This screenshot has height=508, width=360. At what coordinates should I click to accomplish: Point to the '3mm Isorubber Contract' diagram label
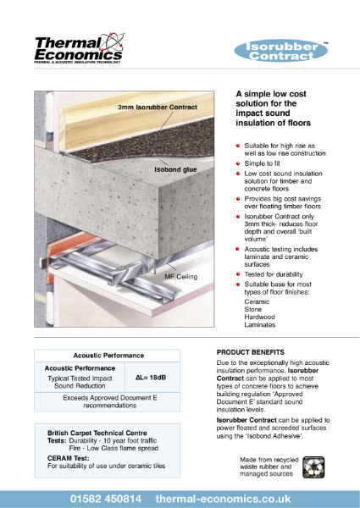(x=158, y=108)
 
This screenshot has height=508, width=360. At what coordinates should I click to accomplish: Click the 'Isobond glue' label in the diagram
(x=174, y=169)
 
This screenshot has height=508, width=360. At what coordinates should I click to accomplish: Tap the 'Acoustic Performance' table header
(x=108, y=356)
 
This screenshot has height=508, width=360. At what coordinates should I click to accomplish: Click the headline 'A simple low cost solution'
(x=277, y=108)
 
